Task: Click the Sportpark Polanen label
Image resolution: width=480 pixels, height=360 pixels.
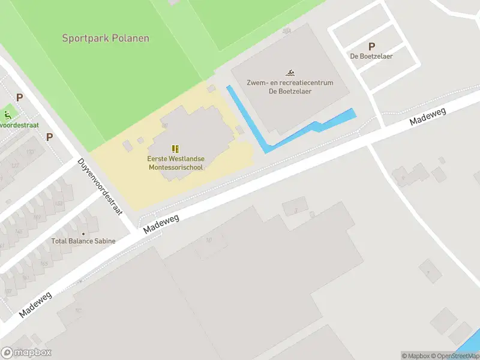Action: (106, 38)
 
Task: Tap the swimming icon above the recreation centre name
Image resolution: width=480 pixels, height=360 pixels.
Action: (290, 72)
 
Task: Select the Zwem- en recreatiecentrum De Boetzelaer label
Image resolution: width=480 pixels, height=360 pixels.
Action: (290, 87)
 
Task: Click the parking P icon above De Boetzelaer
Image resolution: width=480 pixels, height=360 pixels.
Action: (371, 46)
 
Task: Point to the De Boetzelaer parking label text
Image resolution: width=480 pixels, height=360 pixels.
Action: (371, 56)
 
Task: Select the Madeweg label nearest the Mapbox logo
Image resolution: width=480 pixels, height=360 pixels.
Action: (35, 304)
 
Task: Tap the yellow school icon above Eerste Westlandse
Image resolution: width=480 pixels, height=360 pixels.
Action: (175, 148)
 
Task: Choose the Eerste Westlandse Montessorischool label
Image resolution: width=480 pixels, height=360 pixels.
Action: (176, 163)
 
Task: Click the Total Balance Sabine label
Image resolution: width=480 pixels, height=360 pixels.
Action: (83, 241)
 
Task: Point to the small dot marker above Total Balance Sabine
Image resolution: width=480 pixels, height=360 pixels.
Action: (83, 233)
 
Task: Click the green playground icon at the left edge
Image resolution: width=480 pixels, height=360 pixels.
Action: (7, 115)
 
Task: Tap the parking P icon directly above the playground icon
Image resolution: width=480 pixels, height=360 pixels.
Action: (19, 97)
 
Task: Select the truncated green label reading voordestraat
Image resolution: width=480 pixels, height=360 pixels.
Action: (19, 125)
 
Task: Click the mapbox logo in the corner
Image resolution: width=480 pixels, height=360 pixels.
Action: (26, 353)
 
